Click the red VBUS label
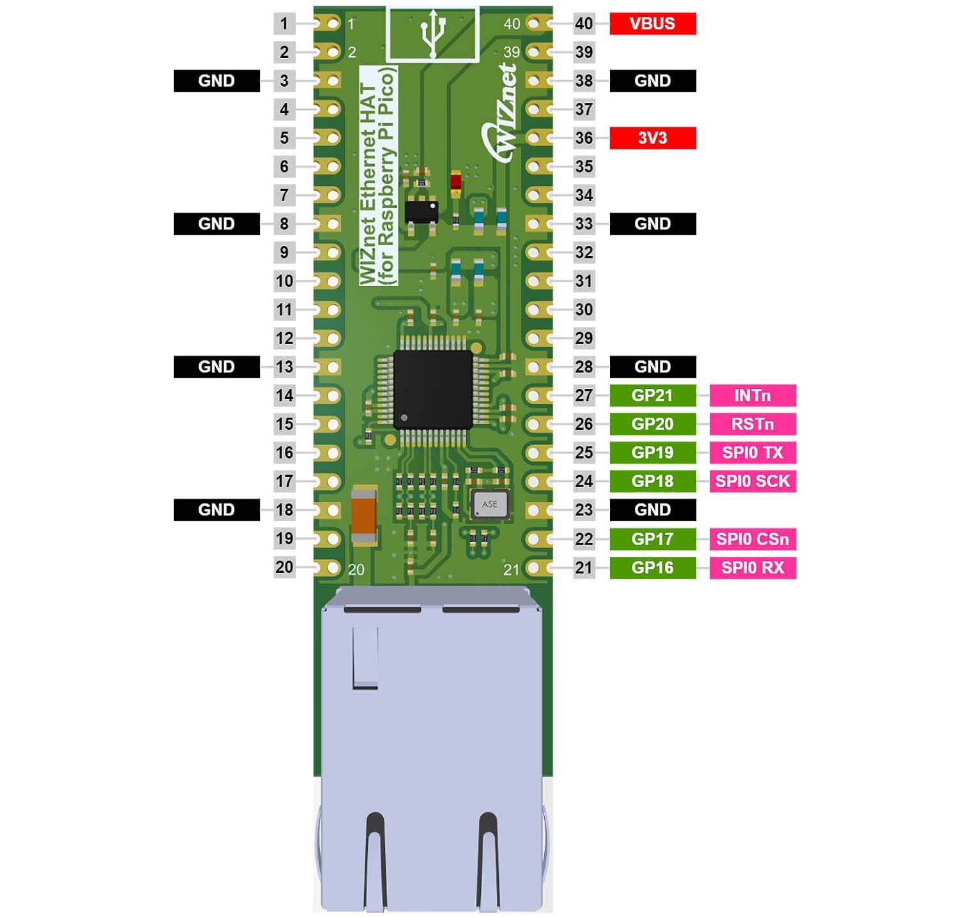tap(652, 24)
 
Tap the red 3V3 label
tap(652, 138)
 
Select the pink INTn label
tap(752, 395)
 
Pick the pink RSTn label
tap(752, 424)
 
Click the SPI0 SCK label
tap(752, 481)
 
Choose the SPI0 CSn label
tap(752, 539)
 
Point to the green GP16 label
tap(652, 568)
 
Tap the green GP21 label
tap(652, 395)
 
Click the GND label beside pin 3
tap(217, 81)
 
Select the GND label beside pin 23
tap(652, 510)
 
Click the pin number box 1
tap(284, 24)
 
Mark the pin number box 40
tap(584, 24)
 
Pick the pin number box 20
tap(284, 567)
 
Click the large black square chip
tap(433, 389)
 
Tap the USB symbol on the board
tap(433, 35)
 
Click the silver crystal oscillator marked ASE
tap(490, 504)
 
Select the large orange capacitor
tap(364, 516)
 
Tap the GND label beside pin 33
tap(652, 224)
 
